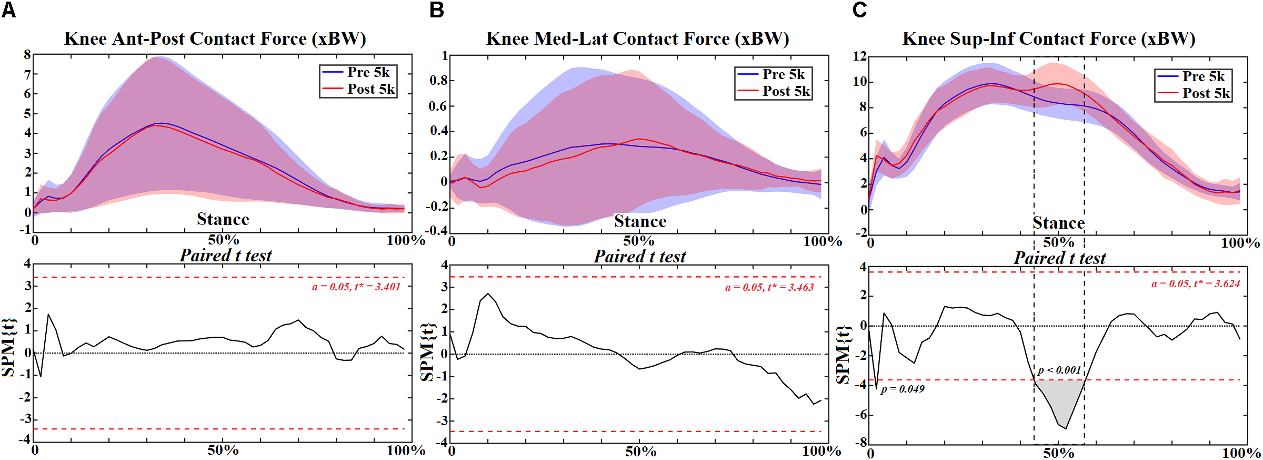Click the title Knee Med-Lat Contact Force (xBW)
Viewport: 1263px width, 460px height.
(637, 38)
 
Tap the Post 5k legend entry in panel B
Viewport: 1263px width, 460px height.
(774, 91)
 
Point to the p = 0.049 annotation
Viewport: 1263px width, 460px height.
(902, 389)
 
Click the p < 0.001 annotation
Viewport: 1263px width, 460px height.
(1059, 370)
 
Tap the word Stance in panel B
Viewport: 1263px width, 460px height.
(640, 221)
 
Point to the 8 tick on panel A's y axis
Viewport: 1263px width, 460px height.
(27, 54)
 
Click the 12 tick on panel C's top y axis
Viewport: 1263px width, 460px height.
(859, 56)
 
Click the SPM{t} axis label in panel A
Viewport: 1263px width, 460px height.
(8, 348)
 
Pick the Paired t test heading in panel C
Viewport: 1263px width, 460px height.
(1059, 258)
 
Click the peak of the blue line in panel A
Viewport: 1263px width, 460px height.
(161, 123)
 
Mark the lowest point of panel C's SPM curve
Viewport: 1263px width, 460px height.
(1066, 428)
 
